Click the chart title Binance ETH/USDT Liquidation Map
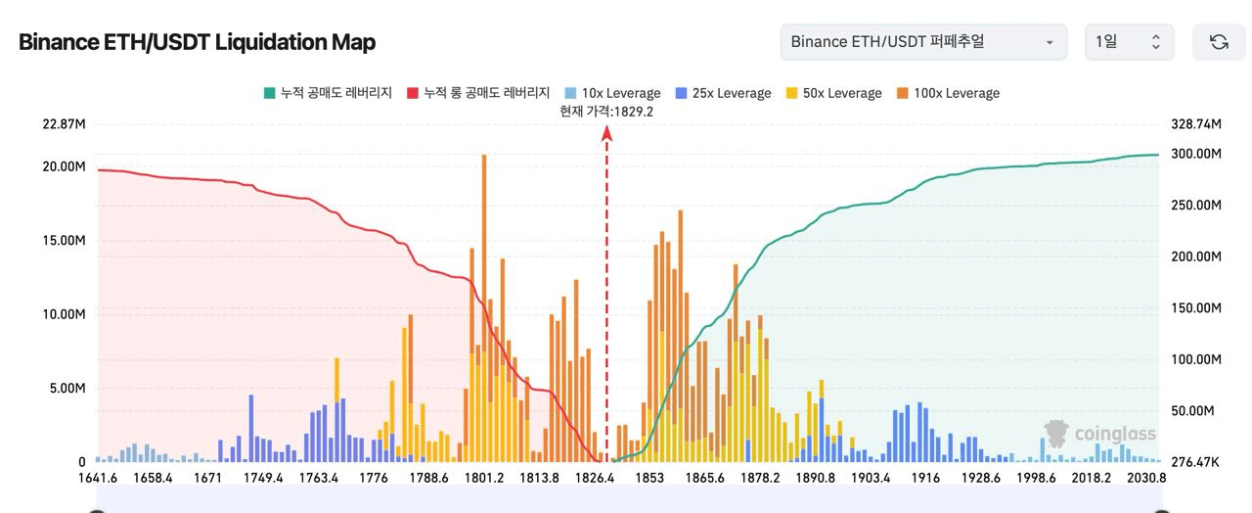tap(197, 42)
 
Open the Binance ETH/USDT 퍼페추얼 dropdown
tap(923, 42)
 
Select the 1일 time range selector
tap(1128, 42)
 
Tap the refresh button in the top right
tap(1219, 42)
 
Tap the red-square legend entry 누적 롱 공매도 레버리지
tap(478, 93)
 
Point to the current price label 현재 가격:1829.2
tap(606, 111)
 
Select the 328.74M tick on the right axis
tap(1195, 124)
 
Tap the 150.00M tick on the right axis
tap(1195, 308)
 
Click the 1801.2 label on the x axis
tap(484, 478)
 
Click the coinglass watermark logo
tap(1099, 434)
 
